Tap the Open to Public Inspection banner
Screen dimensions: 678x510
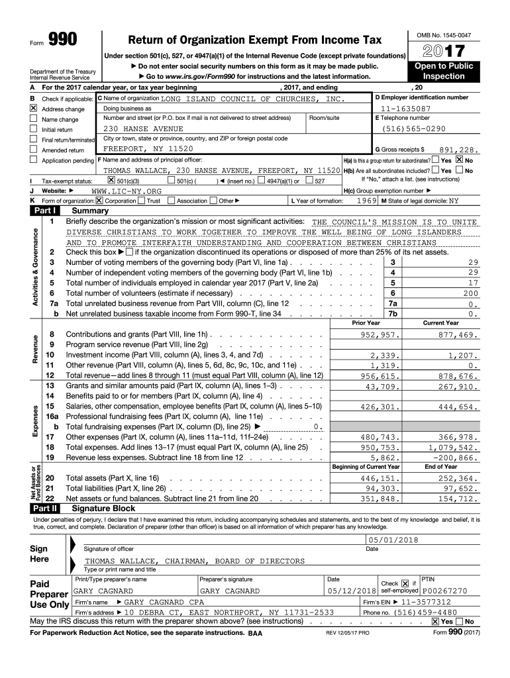[443, 72]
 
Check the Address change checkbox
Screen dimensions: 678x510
[32, 109]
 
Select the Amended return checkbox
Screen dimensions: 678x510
[32, 150]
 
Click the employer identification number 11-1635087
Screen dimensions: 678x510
[405, 109]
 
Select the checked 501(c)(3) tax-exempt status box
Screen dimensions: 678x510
[111, 180]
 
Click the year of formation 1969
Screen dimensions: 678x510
[366, 201]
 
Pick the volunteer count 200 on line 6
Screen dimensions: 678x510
[470, 293]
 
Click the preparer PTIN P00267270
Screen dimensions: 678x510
[444, 591]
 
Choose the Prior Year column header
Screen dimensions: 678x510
[366, 323]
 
